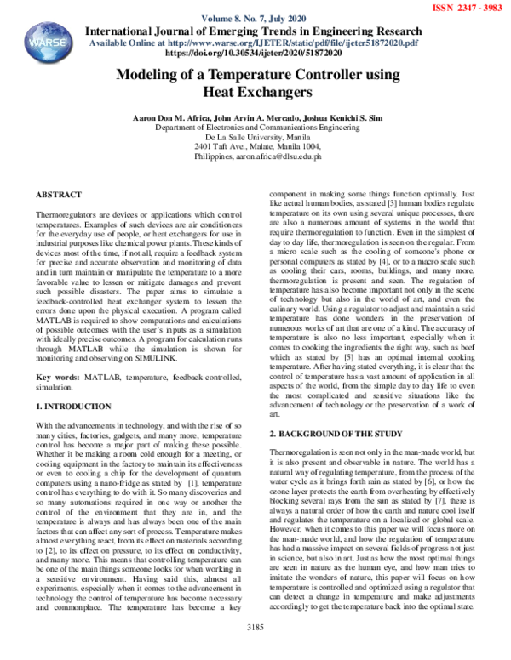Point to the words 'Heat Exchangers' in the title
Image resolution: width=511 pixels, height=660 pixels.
257,91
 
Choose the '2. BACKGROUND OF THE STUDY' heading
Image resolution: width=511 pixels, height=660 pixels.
335,435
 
